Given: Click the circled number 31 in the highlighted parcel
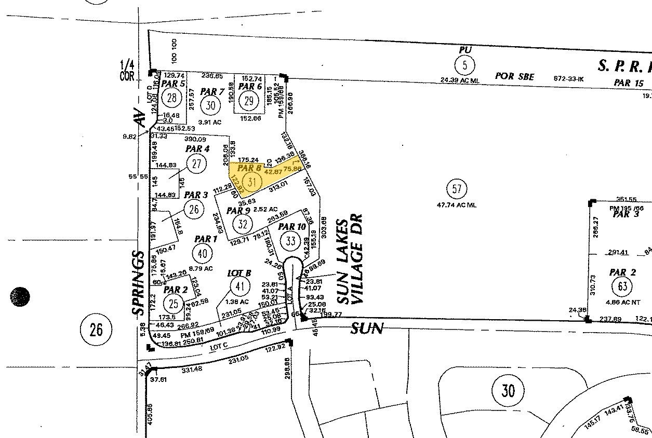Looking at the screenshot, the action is point(252,182).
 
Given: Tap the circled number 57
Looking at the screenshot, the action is point(457,189).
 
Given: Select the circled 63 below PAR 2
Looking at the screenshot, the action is point(622,286).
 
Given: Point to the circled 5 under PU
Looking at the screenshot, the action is point(464,65).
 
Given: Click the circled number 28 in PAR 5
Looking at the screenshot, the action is point(171,97).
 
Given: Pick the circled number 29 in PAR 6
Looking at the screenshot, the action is point(248,101).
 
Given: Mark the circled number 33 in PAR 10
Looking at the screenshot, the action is point(290,240).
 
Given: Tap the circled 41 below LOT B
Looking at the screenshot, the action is point(239,286).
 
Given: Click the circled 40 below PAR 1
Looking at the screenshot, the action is point(202,253).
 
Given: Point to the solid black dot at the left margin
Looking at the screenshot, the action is point(20,296).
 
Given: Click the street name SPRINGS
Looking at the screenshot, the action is point(137,283).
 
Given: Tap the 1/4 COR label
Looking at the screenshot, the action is point(127,70).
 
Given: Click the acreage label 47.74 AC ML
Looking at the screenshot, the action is point(457,204).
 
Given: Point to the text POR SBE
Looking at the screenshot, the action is point(514,76).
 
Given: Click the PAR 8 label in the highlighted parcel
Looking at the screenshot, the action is point(249,168).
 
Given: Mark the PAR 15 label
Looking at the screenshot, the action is point(629,83).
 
